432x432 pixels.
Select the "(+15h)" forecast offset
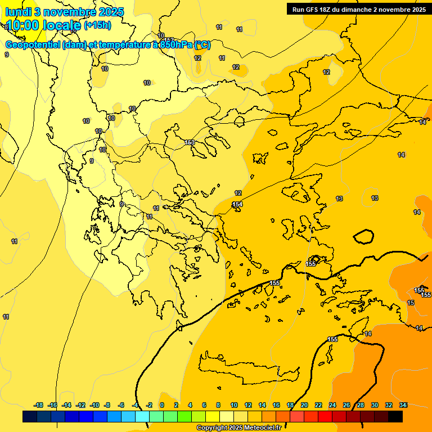coord(97,25)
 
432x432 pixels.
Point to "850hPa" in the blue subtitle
coord(175,44)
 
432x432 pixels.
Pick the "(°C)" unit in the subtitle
coord(202,44)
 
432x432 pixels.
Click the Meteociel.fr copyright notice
coord(238,427)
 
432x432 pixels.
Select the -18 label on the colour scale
coord(39,405)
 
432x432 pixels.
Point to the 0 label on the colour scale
coord(162,405)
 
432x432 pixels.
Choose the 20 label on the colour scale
coord(304,405)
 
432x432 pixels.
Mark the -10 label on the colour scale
coord(94,405)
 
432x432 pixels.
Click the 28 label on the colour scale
coord(361,405)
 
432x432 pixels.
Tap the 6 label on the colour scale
coord(204,405)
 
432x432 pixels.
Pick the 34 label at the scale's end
coord(403,405)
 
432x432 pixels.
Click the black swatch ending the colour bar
coord(395,417)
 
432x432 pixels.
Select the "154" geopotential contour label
coord(237,204)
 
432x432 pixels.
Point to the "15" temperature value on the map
coord(411,303)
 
